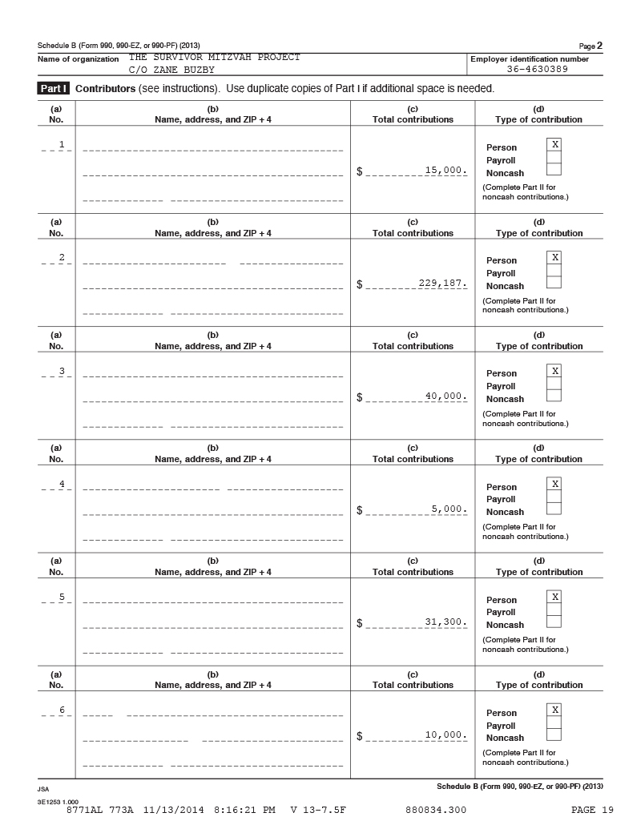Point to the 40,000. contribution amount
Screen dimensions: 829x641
[x=445, y=396]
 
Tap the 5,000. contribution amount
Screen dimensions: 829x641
[x=449, y=509]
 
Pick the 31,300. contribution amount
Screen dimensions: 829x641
[x=445, y=622]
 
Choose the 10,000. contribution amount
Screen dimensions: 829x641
[x=445, y=734]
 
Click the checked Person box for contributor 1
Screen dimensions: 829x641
[x=554, y=144]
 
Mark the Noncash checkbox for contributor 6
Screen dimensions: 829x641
[x=554, y=734]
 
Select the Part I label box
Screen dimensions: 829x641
[x=54, y=88]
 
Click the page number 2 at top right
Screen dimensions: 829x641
[x=599, y=45]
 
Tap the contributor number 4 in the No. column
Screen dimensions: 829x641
[x=62, y=483]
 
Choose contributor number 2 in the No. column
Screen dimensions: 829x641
[x=62, y=257]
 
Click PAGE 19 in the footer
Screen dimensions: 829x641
[x=594, y=810]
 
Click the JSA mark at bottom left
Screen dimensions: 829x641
[x=43, y=789]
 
